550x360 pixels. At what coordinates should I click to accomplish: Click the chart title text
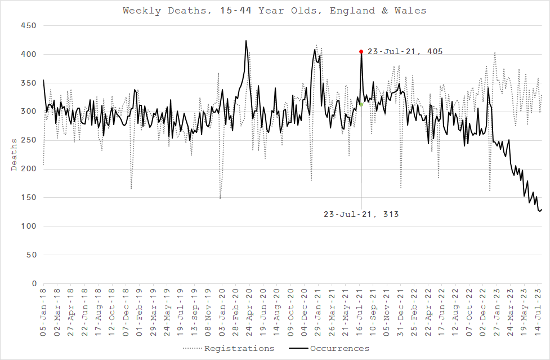point(275,11)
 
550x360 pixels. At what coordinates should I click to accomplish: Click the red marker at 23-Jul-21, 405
point(361,52)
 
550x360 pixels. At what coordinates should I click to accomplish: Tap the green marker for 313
point(361,104)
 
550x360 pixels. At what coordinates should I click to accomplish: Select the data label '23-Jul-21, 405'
point(405,51)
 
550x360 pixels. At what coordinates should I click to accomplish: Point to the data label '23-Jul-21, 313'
point(361,214)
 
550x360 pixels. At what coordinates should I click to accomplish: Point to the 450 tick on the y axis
point(28,26)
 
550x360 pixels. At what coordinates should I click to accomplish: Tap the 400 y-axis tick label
point(28,55)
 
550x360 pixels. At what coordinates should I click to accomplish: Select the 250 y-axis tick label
point(28,140)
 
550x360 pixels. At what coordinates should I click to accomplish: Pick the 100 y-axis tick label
point(28,226)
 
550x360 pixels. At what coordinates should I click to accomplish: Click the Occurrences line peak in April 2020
point(246,41)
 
